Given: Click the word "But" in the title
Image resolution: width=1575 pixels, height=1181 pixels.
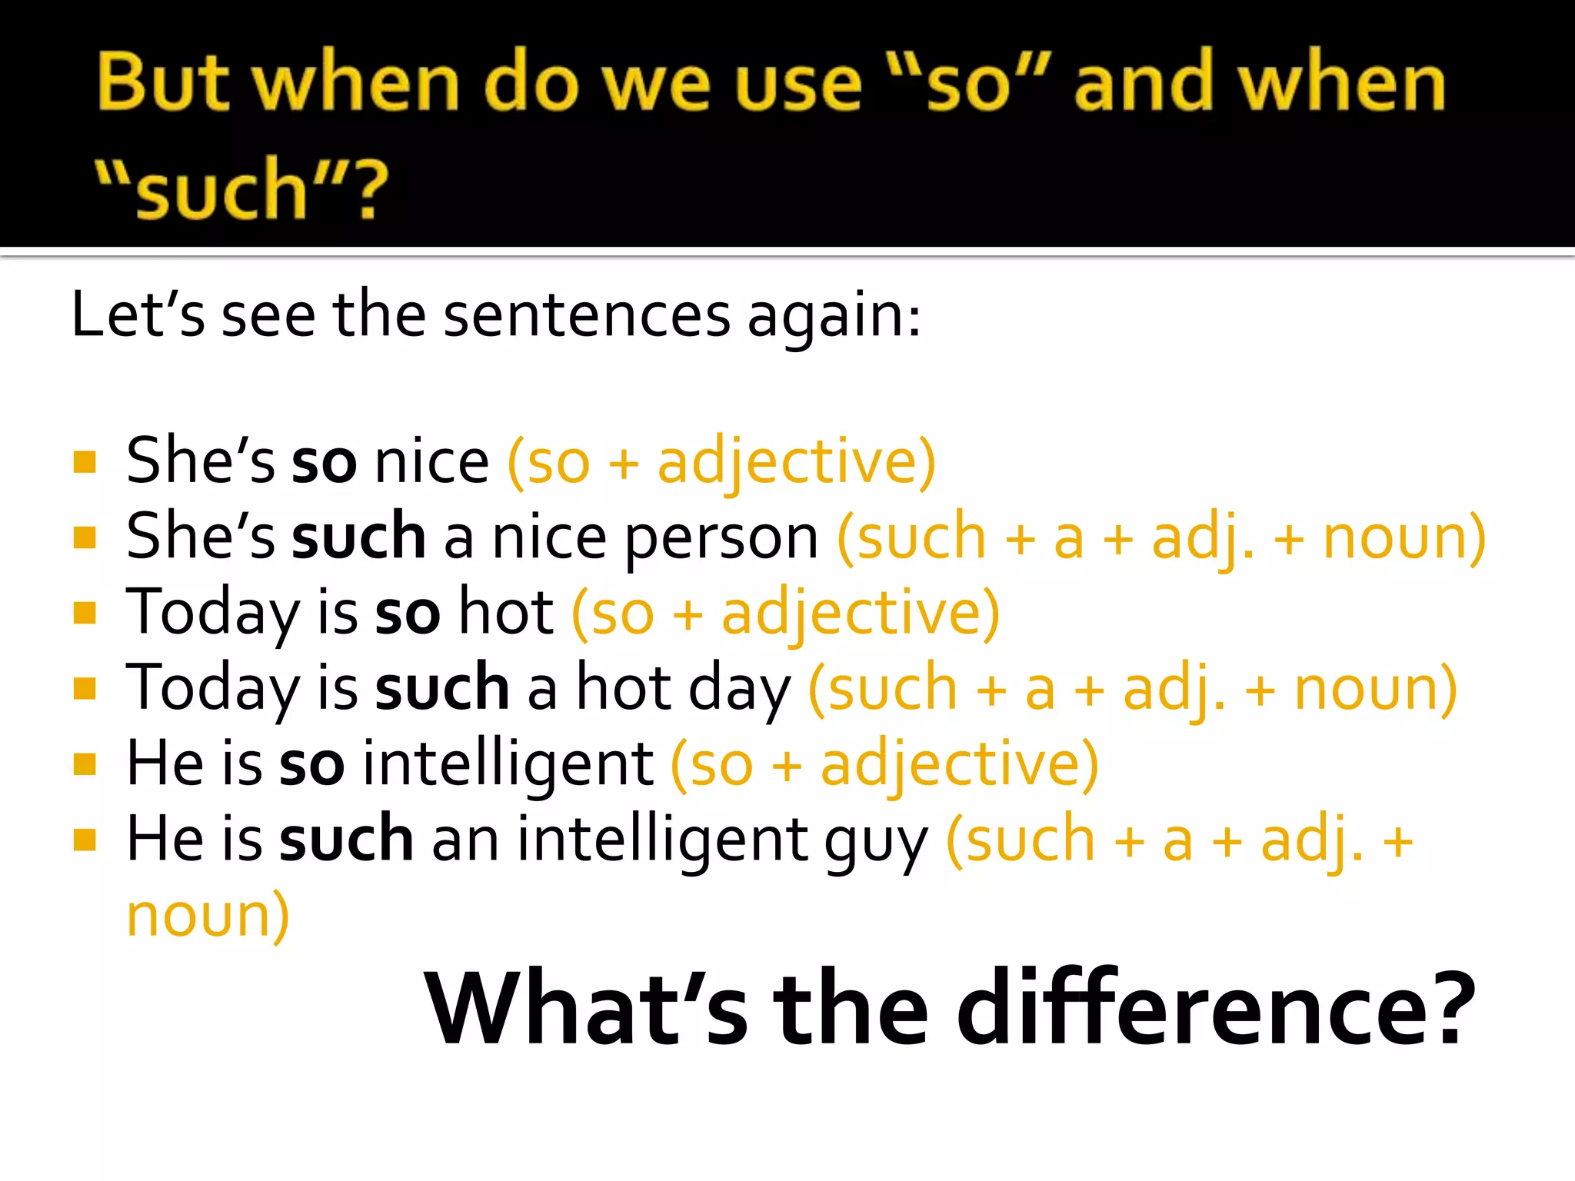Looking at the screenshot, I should click(163, 83).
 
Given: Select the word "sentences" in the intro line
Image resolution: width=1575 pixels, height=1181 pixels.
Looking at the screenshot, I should click(587, 315).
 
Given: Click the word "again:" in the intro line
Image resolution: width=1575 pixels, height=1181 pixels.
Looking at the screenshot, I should click(834, 317).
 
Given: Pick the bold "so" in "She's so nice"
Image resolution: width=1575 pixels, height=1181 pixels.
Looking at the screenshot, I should click(324, 462).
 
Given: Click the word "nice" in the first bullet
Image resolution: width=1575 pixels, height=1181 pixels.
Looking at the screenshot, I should click(431, 461).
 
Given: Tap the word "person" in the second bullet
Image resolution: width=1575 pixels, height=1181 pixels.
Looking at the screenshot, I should click(721, 537).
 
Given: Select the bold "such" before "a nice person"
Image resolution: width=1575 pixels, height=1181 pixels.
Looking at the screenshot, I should click(358, 536).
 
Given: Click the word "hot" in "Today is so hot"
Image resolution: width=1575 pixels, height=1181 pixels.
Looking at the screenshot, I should click(505, 612).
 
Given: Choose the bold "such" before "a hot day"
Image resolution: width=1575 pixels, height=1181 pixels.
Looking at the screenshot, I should click(441, 687).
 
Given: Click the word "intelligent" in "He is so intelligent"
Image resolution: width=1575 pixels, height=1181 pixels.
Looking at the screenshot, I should click(508, 763).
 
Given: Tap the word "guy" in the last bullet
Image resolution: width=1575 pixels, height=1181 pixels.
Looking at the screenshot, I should click(877, 841).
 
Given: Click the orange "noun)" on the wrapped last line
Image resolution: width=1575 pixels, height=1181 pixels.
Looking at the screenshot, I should click(208, 915).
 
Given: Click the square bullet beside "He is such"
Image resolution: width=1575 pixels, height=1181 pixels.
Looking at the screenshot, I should click(85, 840).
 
